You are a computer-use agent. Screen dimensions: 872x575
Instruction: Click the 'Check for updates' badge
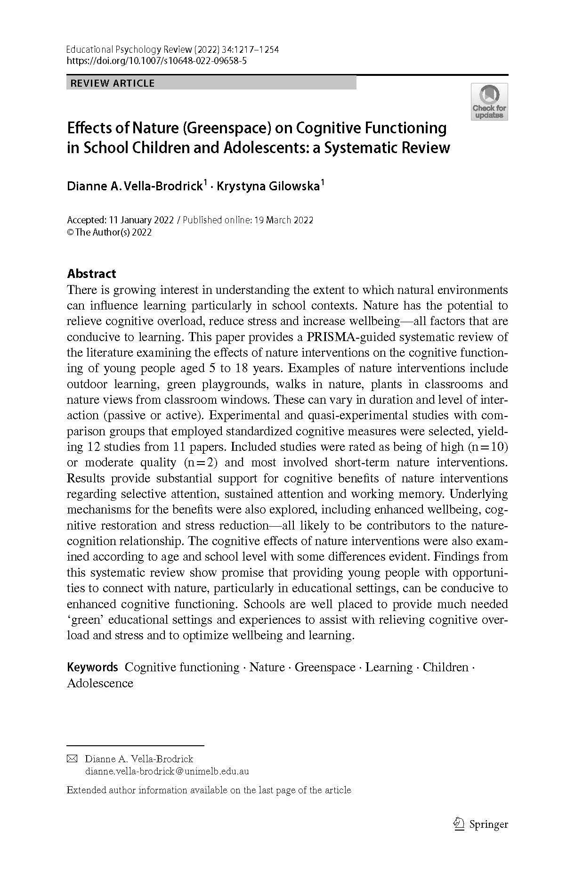489,102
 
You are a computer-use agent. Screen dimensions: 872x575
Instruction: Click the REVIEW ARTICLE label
112,83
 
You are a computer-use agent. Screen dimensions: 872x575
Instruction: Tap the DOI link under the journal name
157,61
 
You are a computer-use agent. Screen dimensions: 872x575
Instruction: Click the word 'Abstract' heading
91,274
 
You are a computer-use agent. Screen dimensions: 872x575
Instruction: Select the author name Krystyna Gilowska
268,186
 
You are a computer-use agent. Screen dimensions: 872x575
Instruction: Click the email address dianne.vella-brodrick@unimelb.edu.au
167,772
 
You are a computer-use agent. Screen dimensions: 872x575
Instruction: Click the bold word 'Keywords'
92,667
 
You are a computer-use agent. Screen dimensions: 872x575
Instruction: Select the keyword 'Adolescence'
100,683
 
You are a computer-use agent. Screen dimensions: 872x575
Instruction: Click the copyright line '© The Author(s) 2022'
109,232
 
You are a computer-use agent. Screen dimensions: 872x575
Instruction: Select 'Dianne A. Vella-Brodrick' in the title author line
135,186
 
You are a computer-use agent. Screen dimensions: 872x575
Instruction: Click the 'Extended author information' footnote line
209,790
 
